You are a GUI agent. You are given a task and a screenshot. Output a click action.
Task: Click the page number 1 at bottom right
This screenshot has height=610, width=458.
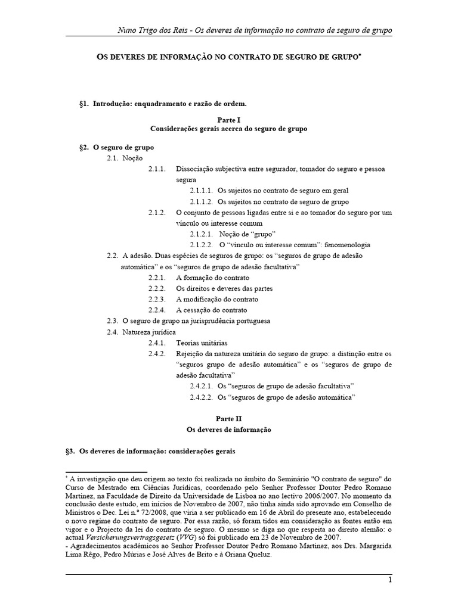(x=389, y=580)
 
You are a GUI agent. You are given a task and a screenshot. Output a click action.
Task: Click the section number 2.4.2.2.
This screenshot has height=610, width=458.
(x=202, y=396)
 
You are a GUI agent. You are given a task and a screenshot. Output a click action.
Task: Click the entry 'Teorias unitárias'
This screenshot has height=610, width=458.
(x=202, y=343)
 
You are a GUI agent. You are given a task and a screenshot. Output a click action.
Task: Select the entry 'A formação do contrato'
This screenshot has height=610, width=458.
(x=212, y=278)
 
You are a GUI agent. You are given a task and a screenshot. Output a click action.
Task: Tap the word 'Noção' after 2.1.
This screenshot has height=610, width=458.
(x=132, y=158)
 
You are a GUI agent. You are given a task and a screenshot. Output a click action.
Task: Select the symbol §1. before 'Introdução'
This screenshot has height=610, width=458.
(x=83, y=104)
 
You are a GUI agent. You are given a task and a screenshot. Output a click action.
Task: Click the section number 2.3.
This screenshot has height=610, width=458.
(x=112, y=320)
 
